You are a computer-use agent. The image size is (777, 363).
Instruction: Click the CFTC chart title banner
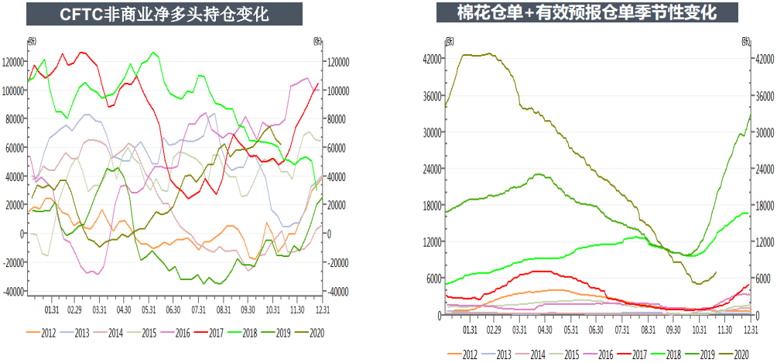[164, 14]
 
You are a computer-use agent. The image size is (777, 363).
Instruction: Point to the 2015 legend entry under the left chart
[144, 332]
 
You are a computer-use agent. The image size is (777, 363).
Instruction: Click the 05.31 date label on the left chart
[149, 310]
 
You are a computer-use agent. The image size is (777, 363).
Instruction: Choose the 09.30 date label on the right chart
[673, 329]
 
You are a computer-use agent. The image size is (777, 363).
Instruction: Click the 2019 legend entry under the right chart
[703, 354]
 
